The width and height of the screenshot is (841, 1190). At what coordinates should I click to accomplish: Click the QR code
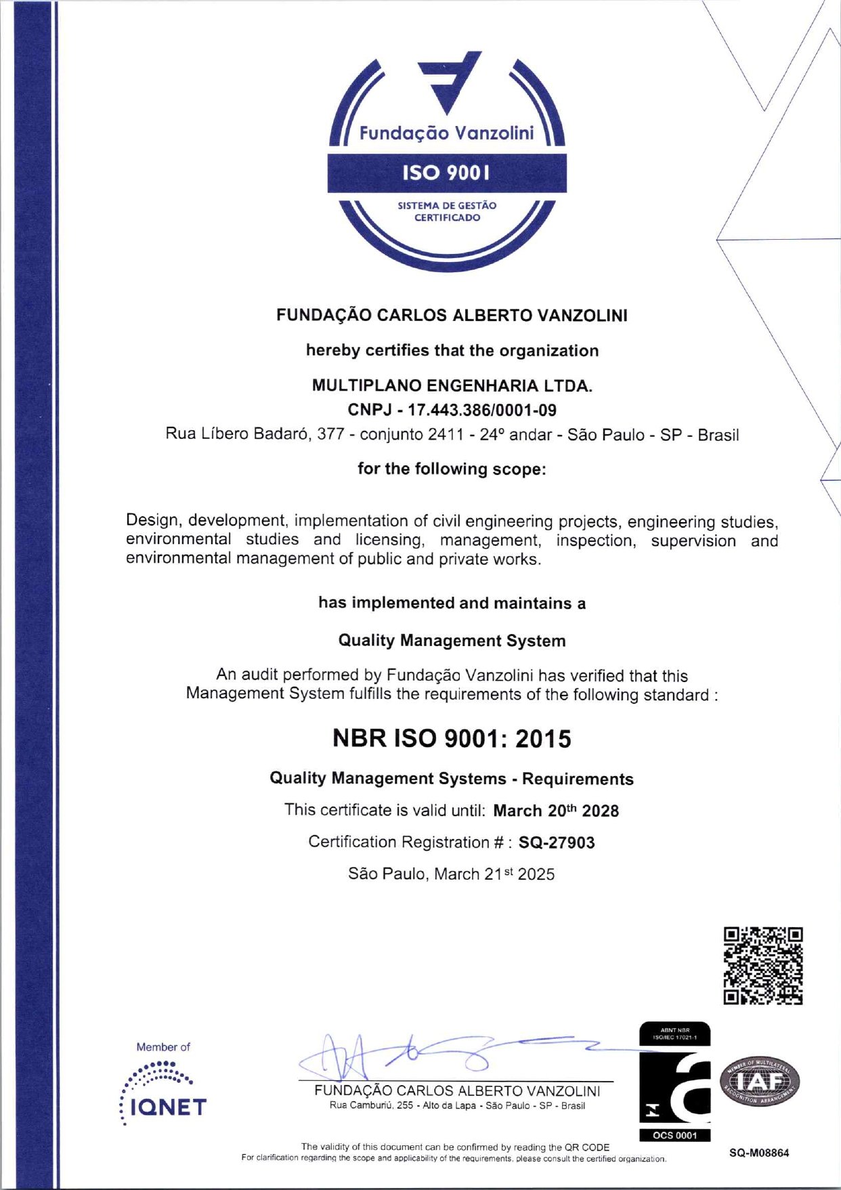coord(763,966)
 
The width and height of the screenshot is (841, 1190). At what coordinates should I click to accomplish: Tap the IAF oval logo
coord(759,1082)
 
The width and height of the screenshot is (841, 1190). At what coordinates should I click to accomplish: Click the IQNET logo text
coord(168,1107)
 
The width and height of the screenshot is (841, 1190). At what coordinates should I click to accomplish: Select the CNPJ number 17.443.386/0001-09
coord(452,410)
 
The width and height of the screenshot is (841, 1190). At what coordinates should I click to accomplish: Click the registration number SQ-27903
coord(557,843)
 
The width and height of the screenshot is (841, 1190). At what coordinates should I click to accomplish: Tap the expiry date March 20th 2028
coord(556,811)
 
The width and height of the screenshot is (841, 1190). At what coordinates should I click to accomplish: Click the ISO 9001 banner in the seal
coord(447,173)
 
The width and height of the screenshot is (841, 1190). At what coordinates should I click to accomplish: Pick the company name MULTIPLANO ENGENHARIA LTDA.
coord(452,385)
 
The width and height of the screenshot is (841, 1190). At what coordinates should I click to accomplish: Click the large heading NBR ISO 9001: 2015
coord(452,738)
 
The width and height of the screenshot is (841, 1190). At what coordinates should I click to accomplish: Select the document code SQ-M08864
coord(759,1153)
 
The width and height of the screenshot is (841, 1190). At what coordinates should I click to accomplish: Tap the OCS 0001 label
coord(674,1135)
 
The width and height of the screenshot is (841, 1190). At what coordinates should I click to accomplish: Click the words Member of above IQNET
coord(163,1047)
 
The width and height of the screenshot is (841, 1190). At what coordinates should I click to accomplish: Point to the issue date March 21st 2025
coord(494,874)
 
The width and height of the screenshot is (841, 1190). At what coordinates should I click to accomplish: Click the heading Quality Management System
coord(452,641)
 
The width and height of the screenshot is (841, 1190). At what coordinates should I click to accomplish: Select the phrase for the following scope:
coord(452,469)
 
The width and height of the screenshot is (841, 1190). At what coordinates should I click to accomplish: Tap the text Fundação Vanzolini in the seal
coord(446,133)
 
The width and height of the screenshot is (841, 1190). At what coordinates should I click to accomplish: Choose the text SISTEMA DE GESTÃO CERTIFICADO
coord(447,211)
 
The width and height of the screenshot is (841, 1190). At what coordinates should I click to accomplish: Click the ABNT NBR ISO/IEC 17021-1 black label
coord(674,1034)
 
